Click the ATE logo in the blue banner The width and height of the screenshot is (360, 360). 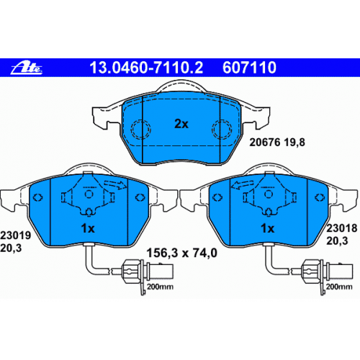click(27, 68)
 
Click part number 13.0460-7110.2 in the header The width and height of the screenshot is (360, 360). click(146, 68)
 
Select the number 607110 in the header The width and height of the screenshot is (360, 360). click(249, 68)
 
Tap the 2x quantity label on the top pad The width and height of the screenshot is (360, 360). click(181, 124)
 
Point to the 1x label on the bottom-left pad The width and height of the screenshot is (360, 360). click(88, 228)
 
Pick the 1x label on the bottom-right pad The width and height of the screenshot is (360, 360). click(267, 228)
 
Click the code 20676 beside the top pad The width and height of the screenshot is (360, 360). click(265, 143)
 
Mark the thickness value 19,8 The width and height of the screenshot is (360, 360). click(294, 143)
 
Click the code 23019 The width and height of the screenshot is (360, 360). click(16, 235)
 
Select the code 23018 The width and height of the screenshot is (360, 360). click(342, 228)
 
